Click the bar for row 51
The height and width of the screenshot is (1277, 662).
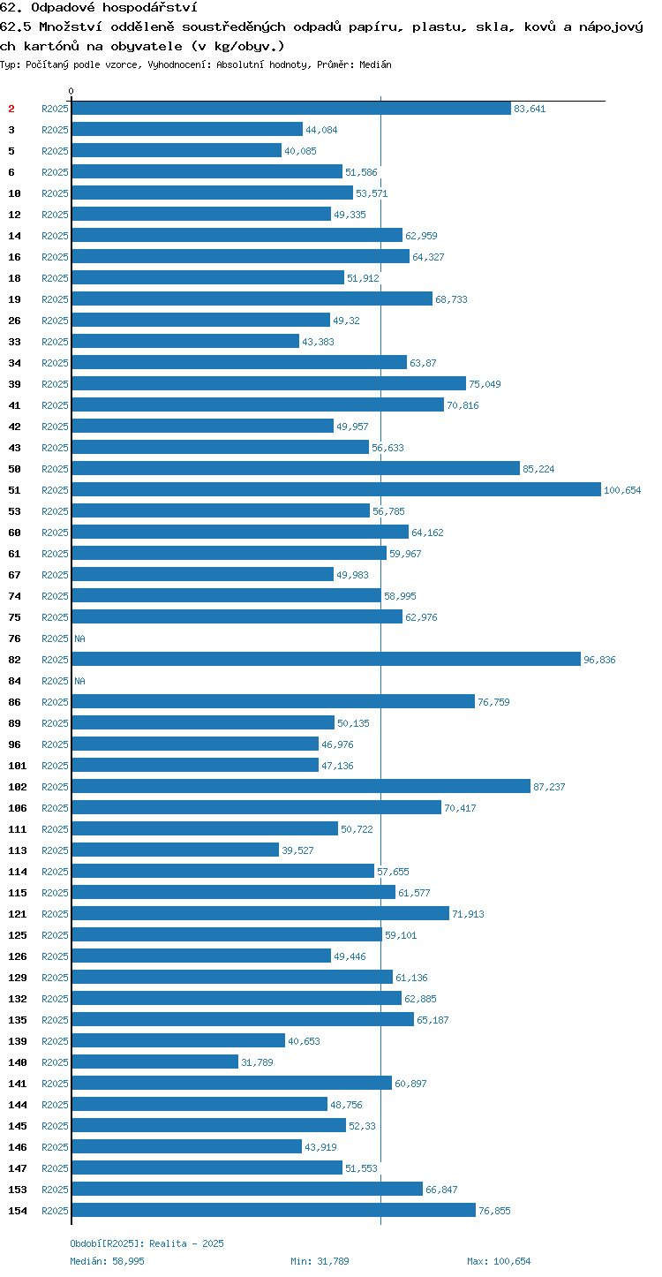coord(336,490)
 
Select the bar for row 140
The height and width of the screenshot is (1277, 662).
coord(155,1062)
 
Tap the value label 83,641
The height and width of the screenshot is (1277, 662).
coord(530,109)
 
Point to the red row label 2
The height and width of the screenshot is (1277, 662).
coord(11,109)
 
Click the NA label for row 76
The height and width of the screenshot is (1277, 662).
coord(79,638)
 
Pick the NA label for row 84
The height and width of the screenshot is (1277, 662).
coord(79,681)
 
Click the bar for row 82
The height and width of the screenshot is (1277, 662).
coord(327,659)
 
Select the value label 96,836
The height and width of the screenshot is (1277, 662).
coord(599,660)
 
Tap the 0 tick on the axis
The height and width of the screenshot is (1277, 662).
coord(71,91)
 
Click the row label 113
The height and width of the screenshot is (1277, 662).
coord(17,850)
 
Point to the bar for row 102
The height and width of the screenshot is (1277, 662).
coord(301,786)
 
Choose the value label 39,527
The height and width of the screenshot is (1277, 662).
coord(297,850)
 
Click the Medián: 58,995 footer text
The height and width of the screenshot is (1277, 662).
coord(107,1261)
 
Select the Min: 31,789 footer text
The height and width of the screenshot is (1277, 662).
coord(320,1261)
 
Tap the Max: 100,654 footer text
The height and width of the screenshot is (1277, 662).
coord(499,1261)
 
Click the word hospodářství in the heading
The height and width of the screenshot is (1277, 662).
coord(150,7)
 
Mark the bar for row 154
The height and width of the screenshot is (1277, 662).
coord(274,1210)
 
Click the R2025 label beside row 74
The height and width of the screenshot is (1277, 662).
coord(55,596)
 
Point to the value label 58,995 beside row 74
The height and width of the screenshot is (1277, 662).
coord(400,596)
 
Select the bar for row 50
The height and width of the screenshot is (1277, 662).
coord(296,469)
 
